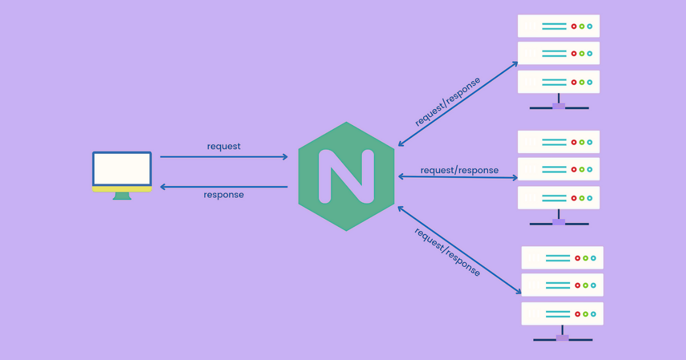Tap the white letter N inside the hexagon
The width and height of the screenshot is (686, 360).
pyautogui.click(x=346, y=177)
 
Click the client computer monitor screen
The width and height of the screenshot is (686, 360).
pyautogui.click(x=122, y=169)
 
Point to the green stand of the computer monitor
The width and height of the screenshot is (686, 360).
pyautogui.click(x=122, y=196)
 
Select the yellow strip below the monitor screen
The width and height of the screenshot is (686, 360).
pyautogui.click(x=122, y=189)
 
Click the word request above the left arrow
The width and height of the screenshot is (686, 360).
pyautogui.click(x=224, y=146)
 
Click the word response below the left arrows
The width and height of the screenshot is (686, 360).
pyautogui.click(x=224, y=195)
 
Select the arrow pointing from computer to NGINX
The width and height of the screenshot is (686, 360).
pyautogui.click(x=224, y=157)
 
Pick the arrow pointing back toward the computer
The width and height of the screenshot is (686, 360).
pyautogui.click(x=224, y=187)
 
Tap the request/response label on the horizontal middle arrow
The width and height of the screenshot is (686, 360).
pyautogui.click(x=459, y=170)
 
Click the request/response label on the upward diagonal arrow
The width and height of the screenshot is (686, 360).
pyautogui.click(x=448, y=101)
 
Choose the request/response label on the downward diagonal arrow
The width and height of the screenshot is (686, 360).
pyautogui.click(x=447, y=252)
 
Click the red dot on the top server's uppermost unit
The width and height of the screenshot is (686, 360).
pyautogui.click(x=573, y=26)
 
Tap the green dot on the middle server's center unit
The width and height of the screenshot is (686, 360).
pyautogui.click(x=581, y=170)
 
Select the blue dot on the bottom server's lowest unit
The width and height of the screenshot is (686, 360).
pyautogui.click(x=593, y=314)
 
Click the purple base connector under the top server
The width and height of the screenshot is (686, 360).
pyautogui.click(x=559, y=106)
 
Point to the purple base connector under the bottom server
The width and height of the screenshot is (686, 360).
pyautogui.click(x=563, y=338)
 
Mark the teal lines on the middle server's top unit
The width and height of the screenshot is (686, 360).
pyautogui.click(x=554, y=142)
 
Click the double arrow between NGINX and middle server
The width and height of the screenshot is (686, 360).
pyautogui.click(x=457, y=177)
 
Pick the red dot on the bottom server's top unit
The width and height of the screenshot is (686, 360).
pyautogui.click(x=577, y=258)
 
